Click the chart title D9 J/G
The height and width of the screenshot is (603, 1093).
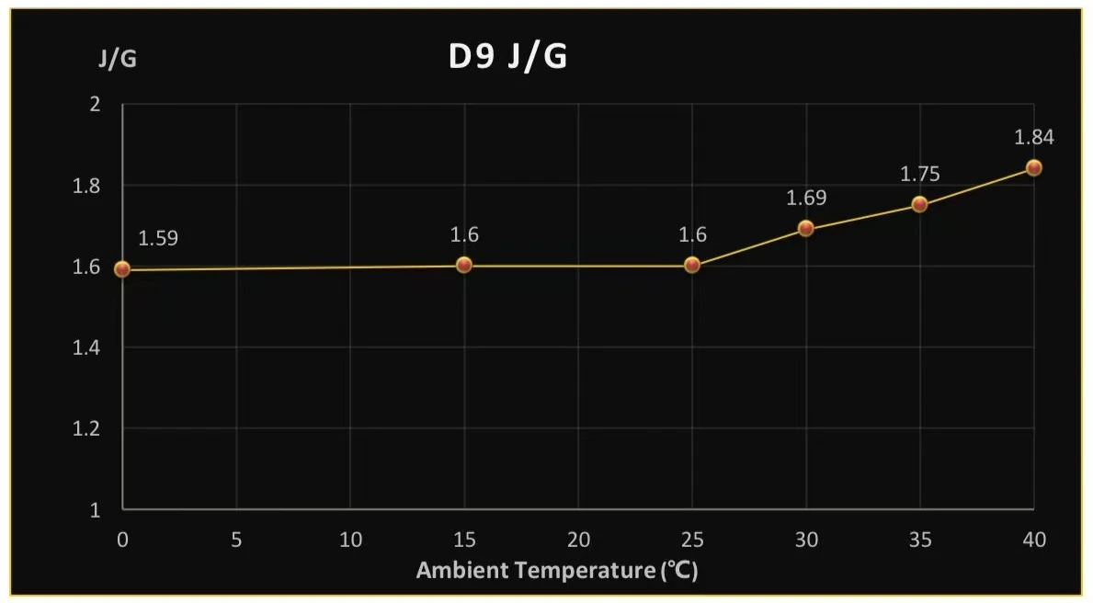pos(507,57)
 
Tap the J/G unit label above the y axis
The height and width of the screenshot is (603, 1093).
pos(119,60)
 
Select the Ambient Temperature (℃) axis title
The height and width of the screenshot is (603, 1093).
pos(557,570)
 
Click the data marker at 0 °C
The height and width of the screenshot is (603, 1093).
pos(122,269)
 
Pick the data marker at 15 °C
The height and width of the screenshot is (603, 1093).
pos(464,265)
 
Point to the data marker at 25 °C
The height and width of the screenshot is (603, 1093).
pos(692,265)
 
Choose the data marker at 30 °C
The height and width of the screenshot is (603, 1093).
pos(806,228)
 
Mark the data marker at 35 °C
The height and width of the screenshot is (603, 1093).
pos(919,204)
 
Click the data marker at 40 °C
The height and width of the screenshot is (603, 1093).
pos(1033,167)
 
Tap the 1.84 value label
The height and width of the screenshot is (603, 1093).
pos(1033,138)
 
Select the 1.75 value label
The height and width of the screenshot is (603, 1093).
pos(919,175)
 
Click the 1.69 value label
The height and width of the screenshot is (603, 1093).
pos(806,198)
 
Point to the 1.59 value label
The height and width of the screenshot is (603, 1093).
pos(158,239)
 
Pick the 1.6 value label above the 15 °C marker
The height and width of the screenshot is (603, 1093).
pos(464,234)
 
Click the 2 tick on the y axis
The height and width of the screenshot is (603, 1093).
pos(94,105)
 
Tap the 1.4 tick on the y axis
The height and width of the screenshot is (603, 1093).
pos(88,347)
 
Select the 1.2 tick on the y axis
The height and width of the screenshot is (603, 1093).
pos(88,428)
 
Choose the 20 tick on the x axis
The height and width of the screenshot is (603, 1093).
pos(578,540)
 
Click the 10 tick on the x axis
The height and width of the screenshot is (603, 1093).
pos(350,540)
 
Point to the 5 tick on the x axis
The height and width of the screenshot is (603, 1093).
pos(236,540)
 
